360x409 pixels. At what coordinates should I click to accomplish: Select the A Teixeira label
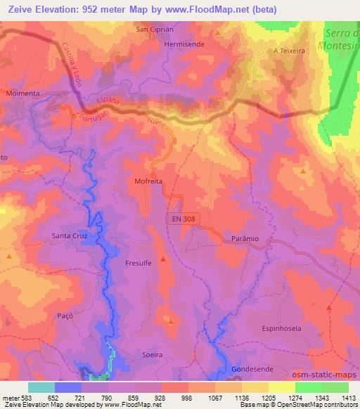tap(289, 51)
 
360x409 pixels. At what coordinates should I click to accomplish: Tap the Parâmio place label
tap(245, 239)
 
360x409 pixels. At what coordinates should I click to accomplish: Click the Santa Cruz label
tap(70, 236)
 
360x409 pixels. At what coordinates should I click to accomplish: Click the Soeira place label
tap(152, 355)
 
